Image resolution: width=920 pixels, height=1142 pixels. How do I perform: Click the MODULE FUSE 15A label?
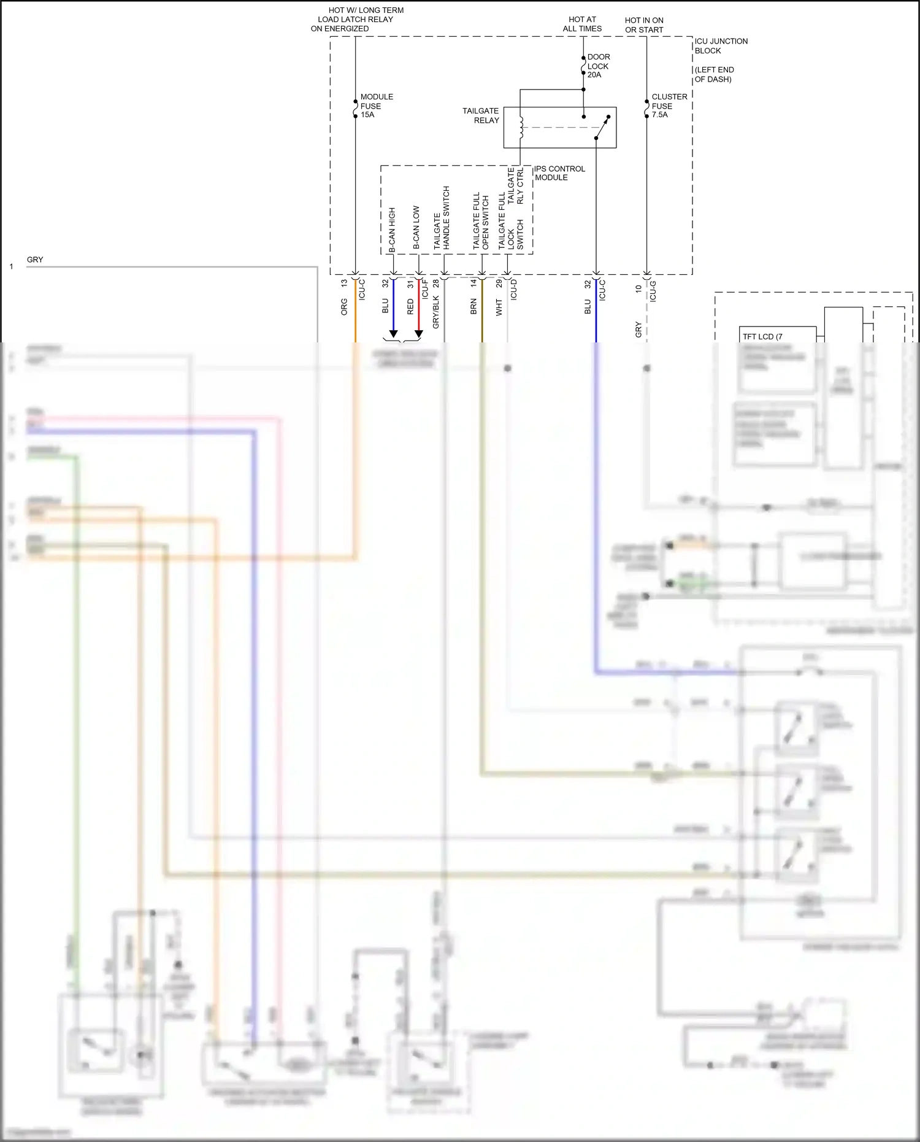(376, 106)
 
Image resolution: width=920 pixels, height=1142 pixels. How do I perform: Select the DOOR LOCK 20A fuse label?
(598, 66)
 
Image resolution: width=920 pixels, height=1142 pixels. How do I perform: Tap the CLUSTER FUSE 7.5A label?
(669, 106)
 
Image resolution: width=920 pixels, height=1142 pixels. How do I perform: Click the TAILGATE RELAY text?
(481, 115)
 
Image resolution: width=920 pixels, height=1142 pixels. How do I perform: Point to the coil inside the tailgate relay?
(521, 127)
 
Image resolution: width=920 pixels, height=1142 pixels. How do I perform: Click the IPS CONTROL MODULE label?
(559, 173)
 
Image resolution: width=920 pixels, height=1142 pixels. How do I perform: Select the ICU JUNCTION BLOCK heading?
(720, 46)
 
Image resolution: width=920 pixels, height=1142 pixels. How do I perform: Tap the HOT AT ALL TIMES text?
(582, 24)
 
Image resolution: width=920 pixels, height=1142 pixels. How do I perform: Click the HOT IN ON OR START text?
(644, 25)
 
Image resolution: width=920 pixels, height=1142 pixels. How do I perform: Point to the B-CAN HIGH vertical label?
(393, 230)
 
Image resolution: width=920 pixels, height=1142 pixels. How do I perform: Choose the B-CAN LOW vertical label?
(416, 227)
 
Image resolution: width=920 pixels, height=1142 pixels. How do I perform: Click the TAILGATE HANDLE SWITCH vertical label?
(442, 218)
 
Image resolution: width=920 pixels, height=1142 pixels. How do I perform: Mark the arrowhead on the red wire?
(419, 334)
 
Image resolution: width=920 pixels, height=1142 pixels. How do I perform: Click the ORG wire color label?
(344, 307)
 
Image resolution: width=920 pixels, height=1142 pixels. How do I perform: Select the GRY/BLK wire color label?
(436, 312)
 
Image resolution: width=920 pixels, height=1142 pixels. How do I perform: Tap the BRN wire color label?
(473, 307)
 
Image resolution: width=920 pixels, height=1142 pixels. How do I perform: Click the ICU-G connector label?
(653, 291)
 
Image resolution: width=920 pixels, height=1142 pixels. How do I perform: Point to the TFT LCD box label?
(762, 336)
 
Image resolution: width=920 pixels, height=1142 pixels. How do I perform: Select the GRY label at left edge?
(35, 260)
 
